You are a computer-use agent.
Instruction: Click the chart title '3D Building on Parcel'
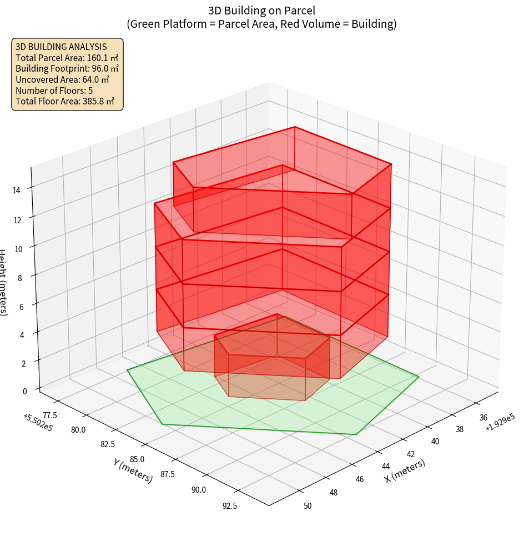(261, 11)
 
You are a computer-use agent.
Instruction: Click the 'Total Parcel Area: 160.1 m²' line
(67, 58)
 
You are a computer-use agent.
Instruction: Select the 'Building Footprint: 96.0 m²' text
(67, 69)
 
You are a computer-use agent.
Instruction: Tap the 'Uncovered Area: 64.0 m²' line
(62, 79)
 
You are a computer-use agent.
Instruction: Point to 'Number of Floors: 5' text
(54, 91)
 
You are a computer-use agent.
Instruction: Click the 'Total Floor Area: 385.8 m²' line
(65, 101)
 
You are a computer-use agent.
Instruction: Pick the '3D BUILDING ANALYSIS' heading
(61, 47)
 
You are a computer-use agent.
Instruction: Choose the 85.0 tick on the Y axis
(137, 459)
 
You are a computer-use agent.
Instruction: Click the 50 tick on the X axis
(308, 505)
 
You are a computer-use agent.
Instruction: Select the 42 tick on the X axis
(410, 454)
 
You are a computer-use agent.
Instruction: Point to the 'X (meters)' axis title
(405, 472)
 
